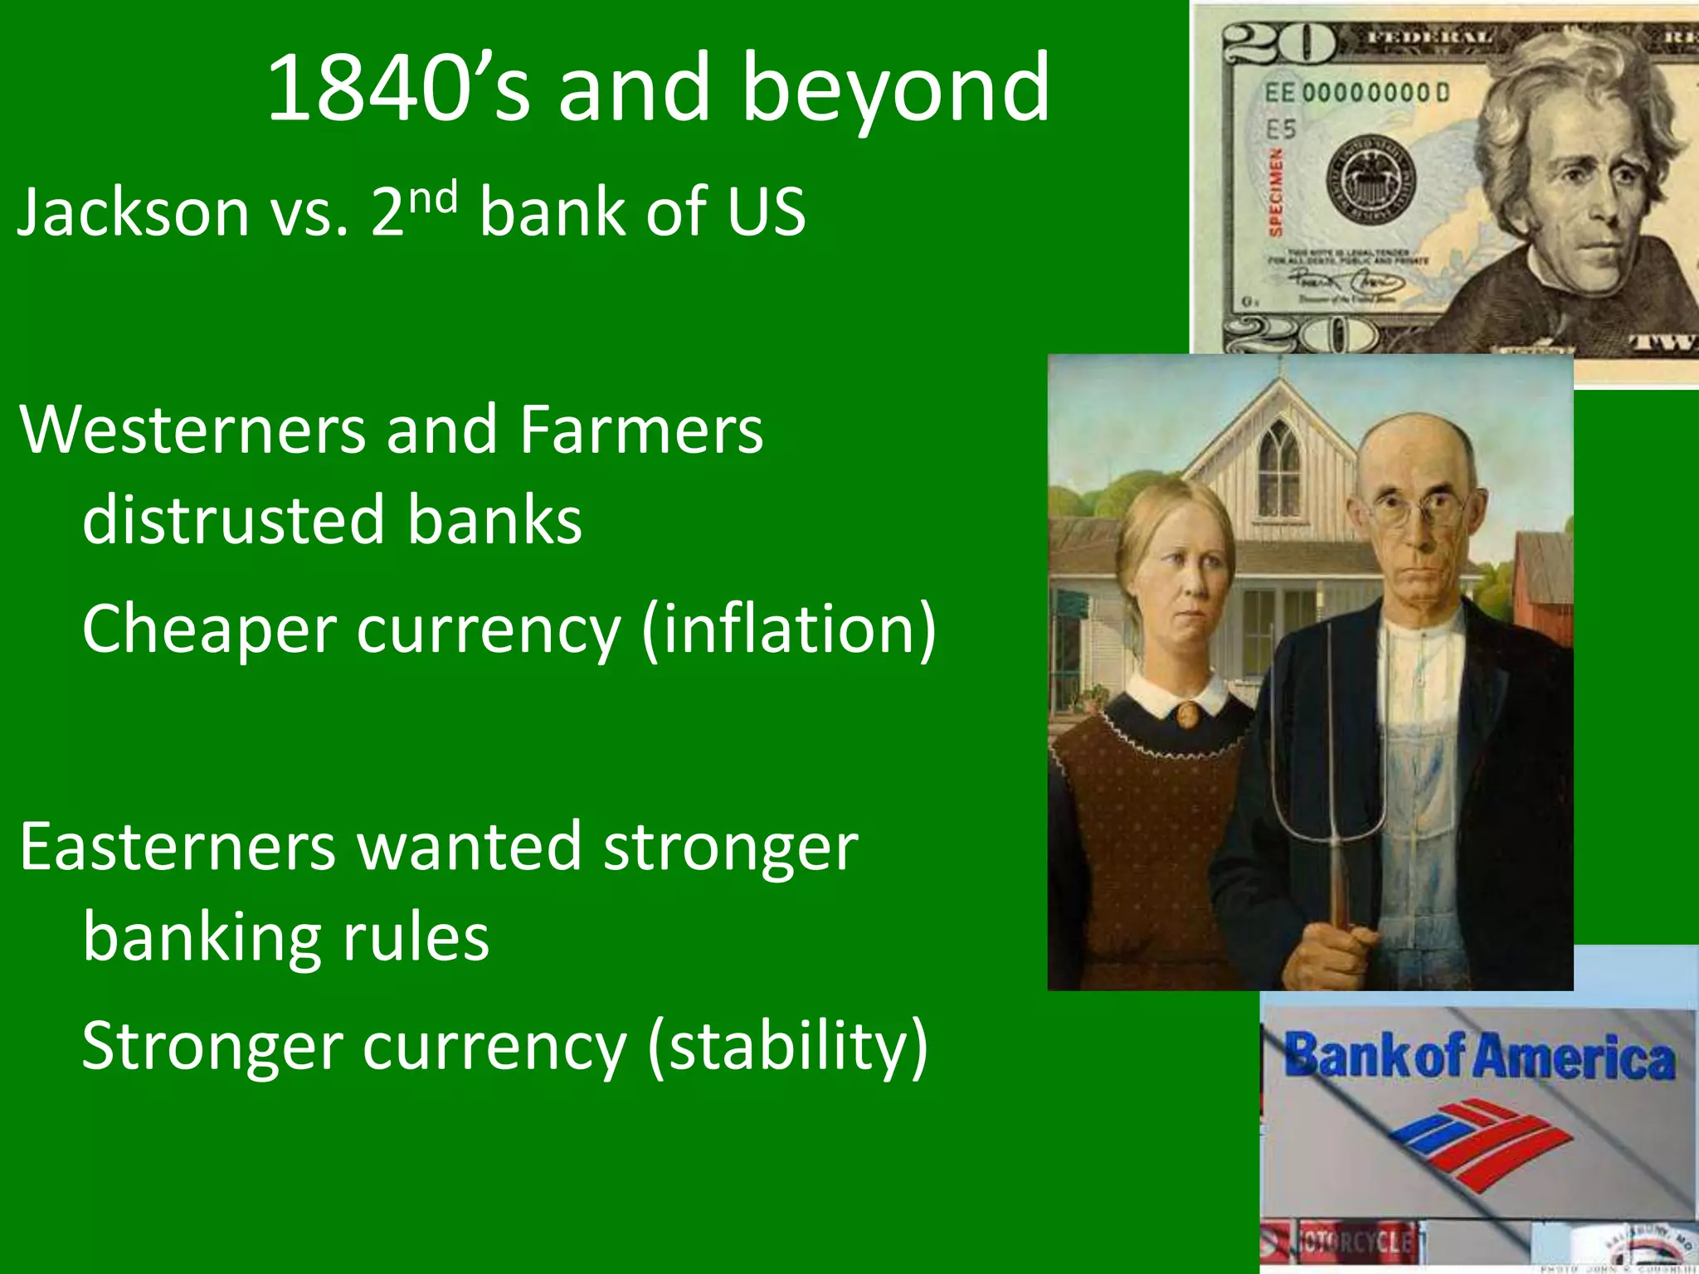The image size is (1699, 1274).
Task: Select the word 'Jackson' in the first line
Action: (x=133, y=212)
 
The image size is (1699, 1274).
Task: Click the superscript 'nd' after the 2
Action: (x=432, y=197)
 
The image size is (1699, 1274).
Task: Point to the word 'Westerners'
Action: (x=192, y=430)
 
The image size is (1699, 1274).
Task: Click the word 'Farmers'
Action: (x=640, y=430)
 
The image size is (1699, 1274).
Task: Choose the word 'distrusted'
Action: (x=232, y=521)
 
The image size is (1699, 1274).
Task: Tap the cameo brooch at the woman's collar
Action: (x=1188, y=713)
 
